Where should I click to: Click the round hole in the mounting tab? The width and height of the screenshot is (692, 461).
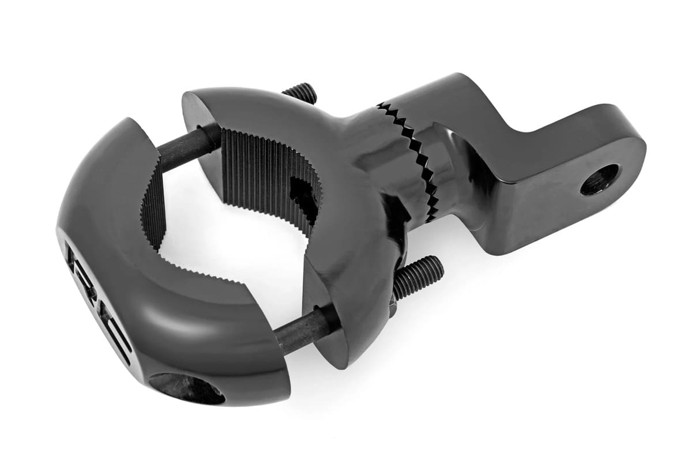tap(599, 179)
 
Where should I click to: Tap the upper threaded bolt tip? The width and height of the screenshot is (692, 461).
tap(300, 93)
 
